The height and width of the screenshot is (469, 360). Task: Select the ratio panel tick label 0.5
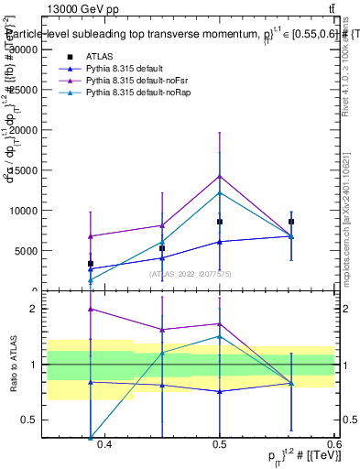click(36, 420)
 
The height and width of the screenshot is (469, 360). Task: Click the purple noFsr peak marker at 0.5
click(220, 176)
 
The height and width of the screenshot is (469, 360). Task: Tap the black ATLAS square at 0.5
click(220, 222)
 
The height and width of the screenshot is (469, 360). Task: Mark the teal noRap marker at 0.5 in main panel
click(220, 192)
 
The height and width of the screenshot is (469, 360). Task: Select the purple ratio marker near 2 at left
click(91, 310)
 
